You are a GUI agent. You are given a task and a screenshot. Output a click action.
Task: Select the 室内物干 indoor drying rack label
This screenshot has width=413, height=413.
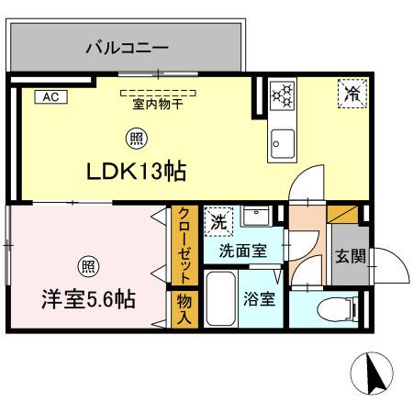[x=158, y=102]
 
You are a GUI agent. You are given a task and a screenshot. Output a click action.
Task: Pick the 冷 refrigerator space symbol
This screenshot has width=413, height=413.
[x=352, y=93]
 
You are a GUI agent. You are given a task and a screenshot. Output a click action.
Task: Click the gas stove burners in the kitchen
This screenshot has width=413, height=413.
[x=283, y=95]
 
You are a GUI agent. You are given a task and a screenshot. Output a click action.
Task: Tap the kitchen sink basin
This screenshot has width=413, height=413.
[x=282, y=141]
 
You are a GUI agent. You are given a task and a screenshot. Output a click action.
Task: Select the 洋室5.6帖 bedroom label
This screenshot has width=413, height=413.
[x=89, y=299]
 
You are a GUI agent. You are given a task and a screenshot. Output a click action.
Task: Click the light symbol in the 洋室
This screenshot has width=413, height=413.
[x=87, y=267]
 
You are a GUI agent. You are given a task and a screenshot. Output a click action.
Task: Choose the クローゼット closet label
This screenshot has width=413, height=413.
[x=184, y=245]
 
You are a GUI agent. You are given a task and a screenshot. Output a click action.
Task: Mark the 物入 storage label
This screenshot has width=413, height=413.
[x=184, y=307]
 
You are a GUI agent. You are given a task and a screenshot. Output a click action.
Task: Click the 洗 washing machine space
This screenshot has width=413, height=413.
[x=218, y=221]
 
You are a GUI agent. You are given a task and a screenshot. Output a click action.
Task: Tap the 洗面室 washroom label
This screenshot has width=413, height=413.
[x=243, y=249]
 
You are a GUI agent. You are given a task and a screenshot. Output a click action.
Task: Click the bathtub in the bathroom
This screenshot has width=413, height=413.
[x=221, y=299]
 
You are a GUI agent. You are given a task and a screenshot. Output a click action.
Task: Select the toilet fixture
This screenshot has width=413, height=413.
[x=333, y=310]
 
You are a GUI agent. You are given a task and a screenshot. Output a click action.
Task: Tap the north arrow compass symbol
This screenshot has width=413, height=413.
[x=373, y=374]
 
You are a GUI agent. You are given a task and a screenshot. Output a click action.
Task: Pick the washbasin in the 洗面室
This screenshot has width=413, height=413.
[x=258, y=218]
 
